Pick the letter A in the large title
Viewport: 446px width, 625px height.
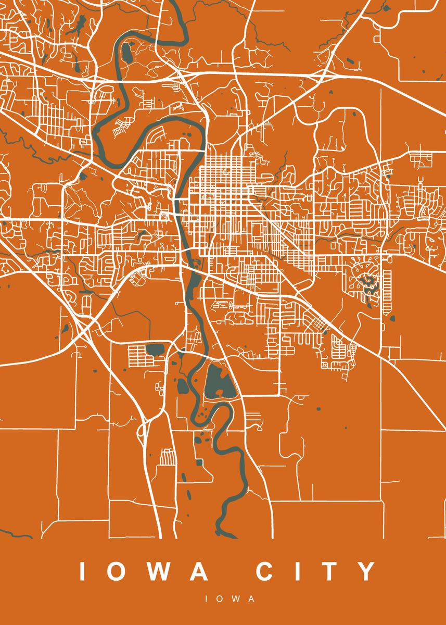(200, 571)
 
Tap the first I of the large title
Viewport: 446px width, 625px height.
(82, 571)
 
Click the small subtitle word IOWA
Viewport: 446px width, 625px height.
(230, 599)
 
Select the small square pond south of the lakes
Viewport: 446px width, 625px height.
(199, 462)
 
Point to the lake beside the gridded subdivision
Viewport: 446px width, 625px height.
(155, 348)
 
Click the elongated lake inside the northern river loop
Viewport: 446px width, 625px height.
(126, 52)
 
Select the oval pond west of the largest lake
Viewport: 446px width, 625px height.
(183, 386)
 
